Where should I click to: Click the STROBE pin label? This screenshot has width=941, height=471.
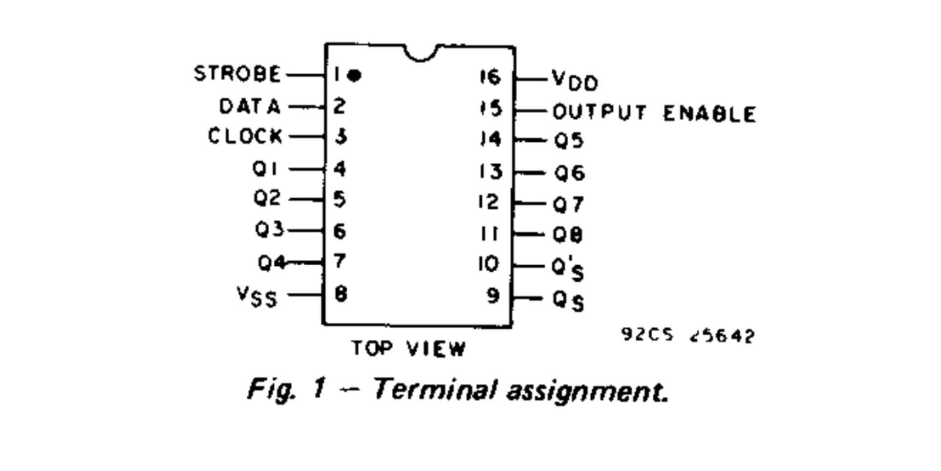click(x=237, y=74)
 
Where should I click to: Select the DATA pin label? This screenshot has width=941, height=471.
click(x=250, y=107)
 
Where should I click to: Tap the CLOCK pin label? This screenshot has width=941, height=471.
click(x=245, y=136)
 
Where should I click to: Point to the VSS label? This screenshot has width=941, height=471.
click(x=257, y=297)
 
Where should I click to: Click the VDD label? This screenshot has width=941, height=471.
click(x=575, y=81)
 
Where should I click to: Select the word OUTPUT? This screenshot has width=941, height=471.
click(x=599, y=112)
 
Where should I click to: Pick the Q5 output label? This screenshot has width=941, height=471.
click(x=569, y=141)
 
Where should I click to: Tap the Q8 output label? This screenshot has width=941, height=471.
click(x=568, y=235)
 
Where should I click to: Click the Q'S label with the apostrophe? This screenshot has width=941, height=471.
click(x=568, y=269)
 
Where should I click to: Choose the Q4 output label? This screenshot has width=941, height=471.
click(x=272, y=263)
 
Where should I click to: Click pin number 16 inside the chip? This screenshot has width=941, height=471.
click(x=490, y=77)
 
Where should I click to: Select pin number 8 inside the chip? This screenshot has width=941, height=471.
click(x=341, y=294)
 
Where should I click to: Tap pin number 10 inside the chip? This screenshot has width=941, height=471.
click(x=489, y=264)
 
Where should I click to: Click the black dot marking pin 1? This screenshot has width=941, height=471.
click(x=355, y=75)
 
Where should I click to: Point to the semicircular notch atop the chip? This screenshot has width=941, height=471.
click(x=421, y=53)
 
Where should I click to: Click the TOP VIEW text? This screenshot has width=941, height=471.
click(x=408, y=349)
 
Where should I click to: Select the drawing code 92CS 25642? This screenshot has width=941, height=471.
click(x=688, y=335)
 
